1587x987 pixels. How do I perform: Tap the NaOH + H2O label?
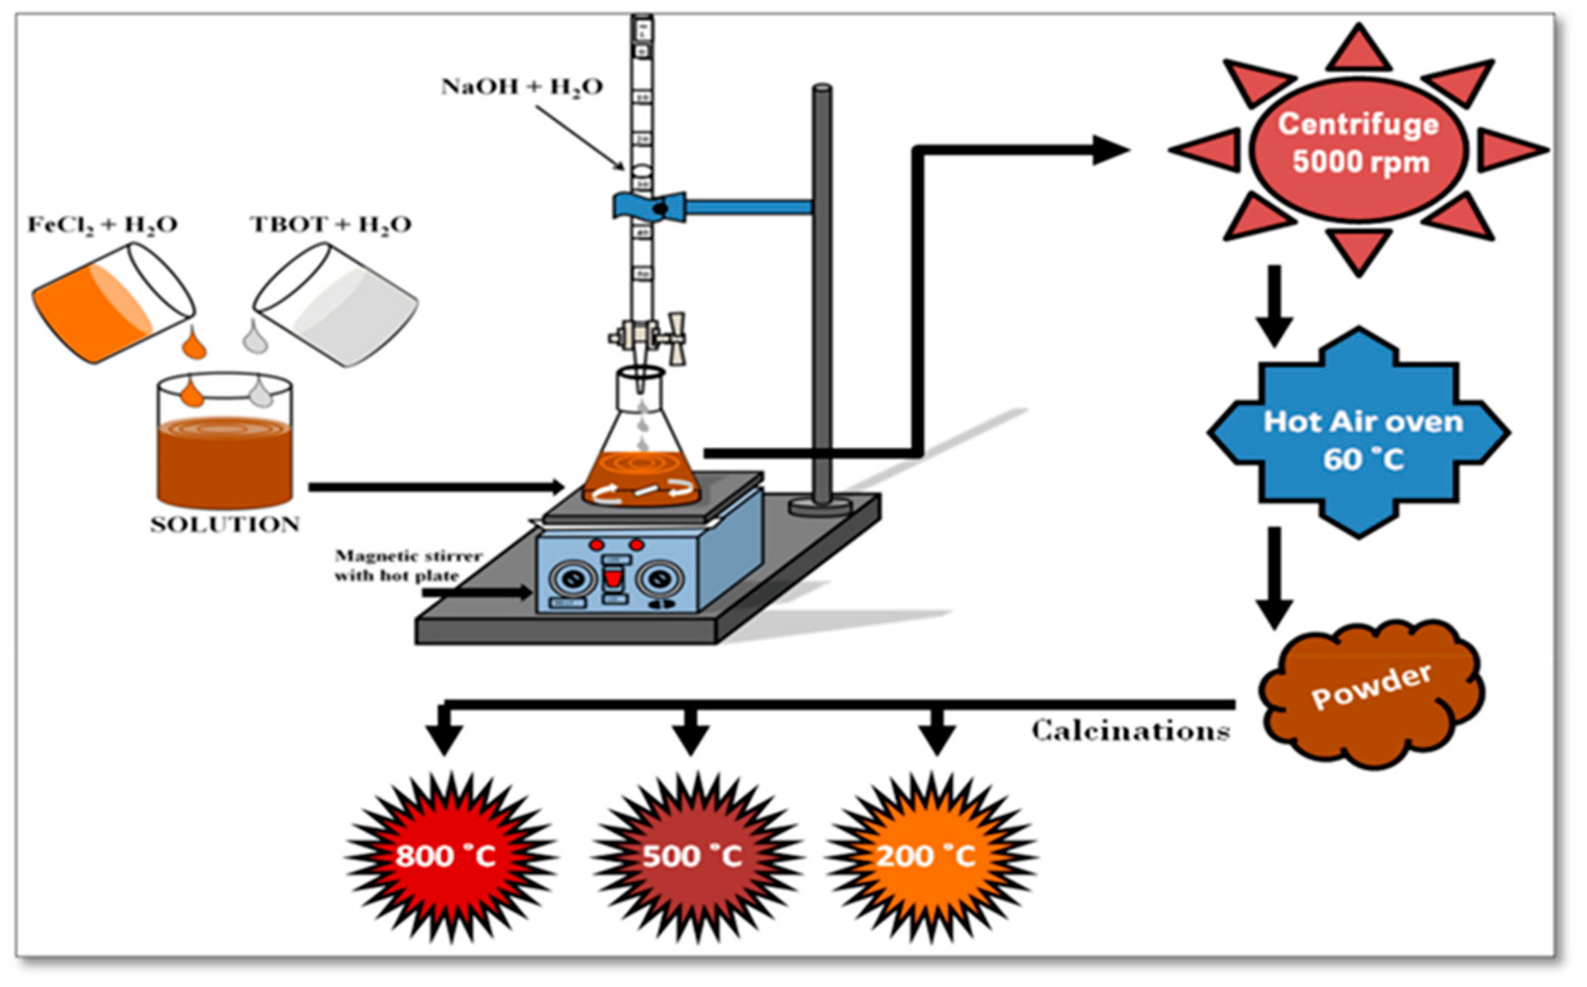click(x=522, y=87)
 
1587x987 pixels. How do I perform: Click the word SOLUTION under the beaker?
click(x=225, y=524)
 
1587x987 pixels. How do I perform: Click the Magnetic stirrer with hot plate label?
click(x=408, y=565)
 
